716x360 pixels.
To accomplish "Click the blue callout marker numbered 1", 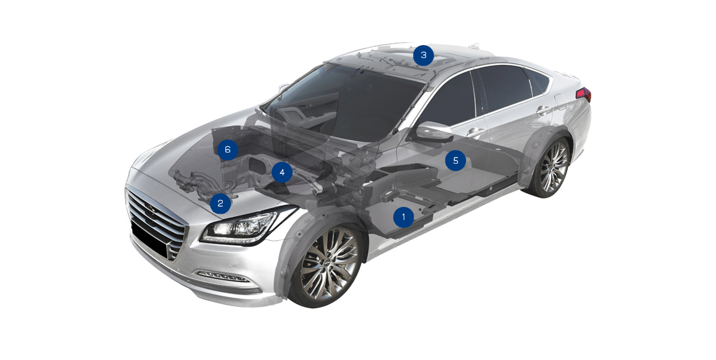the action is coord(403,217).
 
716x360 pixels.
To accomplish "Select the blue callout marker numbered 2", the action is coord(220,203).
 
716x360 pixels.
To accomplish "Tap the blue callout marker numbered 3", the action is coord(424,56).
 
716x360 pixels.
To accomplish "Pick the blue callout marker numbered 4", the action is coord(281,172).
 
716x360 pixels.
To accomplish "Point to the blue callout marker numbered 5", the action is coord(456,161).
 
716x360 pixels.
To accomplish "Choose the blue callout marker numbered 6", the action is coord(227,149).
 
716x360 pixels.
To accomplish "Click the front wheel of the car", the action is coord(327,264).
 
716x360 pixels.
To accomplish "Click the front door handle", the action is coord(475,133).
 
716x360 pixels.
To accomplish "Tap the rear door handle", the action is coord(543,110).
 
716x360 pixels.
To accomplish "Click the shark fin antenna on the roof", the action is coord(474,45).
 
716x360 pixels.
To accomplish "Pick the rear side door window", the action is coord(500,89).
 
